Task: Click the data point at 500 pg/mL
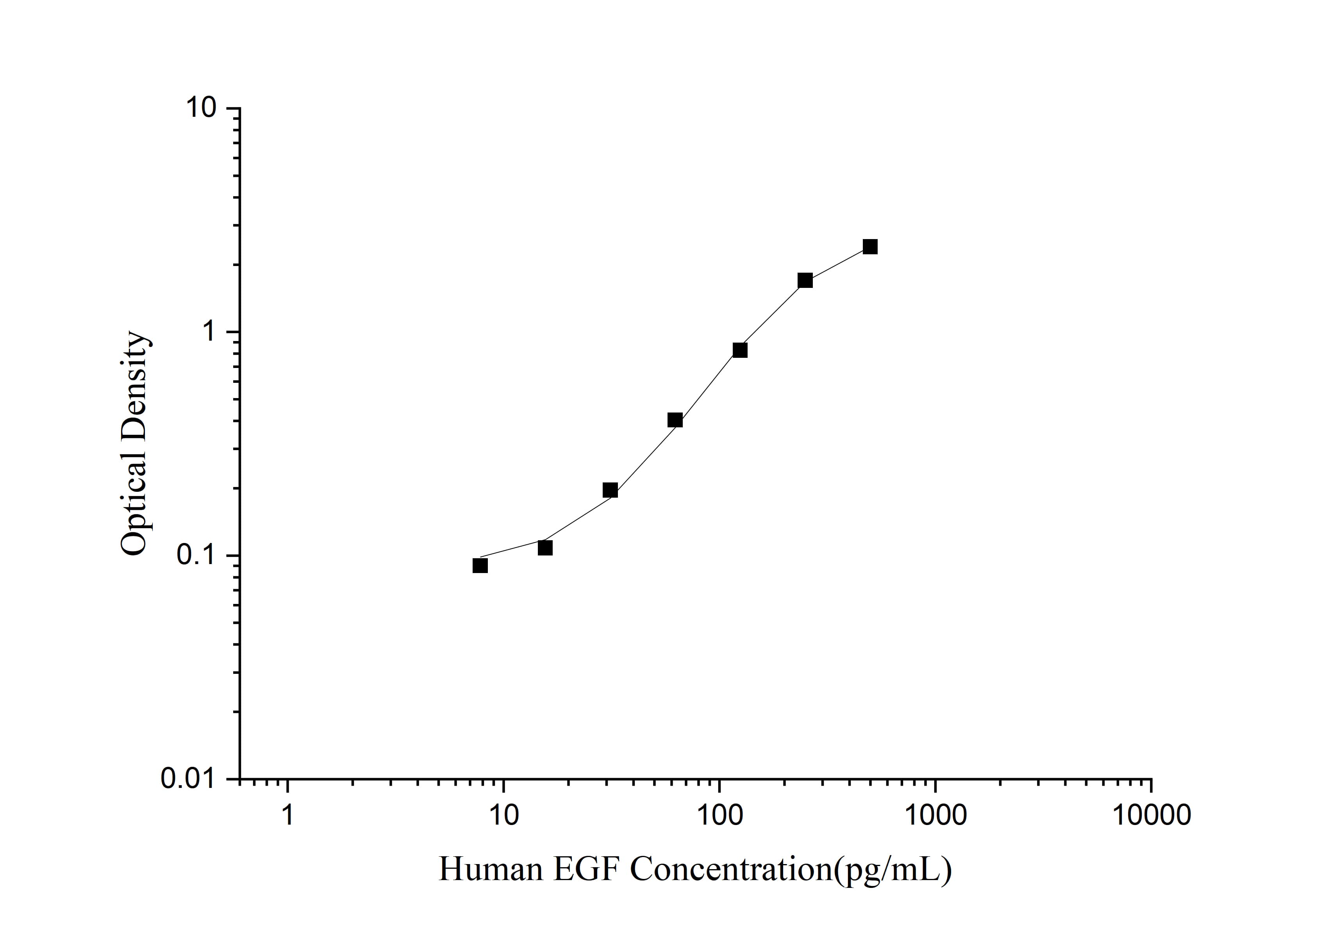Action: (x=870, y=247)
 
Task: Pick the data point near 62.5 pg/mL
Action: (x=675, y=420)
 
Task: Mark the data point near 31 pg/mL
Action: (x=610, y=490)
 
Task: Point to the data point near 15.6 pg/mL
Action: (x=545, y=548)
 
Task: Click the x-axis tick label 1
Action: (x=287, y=815)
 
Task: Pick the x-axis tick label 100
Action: (x=720, y=815)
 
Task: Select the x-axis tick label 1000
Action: (x=936, y=815)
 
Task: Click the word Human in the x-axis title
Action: (x=490, y=870)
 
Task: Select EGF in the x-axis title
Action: (x=586, y=870)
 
